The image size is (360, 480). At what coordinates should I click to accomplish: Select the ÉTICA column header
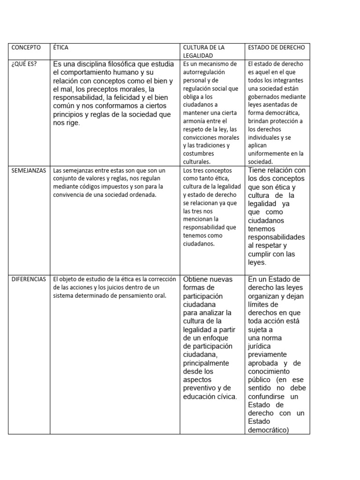61,47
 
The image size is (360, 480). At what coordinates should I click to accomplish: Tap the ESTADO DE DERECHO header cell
276,47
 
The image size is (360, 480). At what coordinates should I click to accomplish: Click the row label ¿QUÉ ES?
24,64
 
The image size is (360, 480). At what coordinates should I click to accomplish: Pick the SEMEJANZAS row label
28,170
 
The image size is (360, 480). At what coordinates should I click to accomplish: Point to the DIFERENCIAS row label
28,279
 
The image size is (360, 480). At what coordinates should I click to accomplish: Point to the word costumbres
198,153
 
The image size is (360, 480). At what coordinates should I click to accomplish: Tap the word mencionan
198,219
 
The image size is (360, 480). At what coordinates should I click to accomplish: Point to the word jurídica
259,346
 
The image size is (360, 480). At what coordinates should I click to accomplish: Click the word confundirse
267,397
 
